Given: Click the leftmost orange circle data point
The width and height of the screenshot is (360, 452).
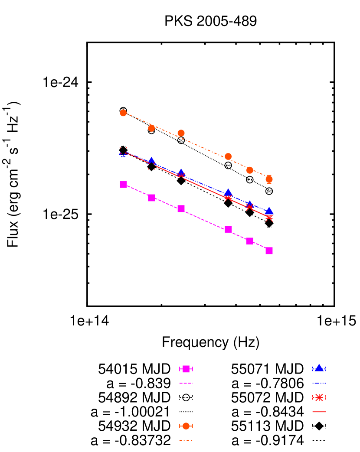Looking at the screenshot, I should (123, 113).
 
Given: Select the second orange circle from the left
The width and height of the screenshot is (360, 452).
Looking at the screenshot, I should (151, 128).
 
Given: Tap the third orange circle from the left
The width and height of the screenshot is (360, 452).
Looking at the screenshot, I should (181, 133).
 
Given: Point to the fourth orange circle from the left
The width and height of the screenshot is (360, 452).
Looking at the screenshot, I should (228, 156).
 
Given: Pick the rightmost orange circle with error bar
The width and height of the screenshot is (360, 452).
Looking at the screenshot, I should (269, 179).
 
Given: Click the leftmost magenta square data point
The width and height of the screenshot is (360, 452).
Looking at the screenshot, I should (123, 184).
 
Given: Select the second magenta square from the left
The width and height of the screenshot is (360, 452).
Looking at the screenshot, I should (151, 198).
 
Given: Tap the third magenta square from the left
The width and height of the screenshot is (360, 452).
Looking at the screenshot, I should (181, 208).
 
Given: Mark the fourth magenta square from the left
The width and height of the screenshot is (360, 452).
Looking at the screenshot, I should (228, 229).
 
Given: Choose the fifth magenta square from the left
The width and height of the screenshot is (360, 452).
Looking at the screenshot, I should (250, 241).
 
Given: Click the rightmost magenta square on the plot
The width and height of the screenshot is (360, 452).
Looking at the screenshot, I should (269, 250).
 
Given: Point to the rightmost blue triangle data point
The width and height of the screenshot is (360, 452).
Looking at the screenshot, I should (269, 211).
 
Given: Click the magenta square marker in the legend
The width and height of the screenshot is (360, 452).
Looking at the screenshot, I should (186, 369).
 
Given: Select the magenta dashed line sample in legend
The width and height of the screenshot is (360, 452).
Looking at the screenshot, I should (186, 383).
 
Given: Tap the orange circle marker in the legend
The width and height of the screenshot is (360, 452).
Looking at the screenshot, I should (186, 426).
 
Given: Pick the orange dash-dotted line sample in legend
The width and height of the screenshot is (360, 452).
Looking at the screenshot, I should (186, 440).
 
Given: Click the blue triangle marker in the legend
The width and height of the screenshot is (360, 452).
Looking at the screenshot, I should (319, 368).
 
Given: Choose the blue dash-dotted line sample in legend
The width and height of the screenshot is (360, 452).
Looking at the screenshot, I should (319, 383).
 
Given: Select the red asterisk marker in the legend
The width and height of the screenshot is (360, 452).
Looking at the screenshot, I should (319, 397).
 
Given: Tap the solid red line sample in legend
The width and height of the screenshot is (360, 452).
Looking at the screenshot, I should (319, 411).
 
